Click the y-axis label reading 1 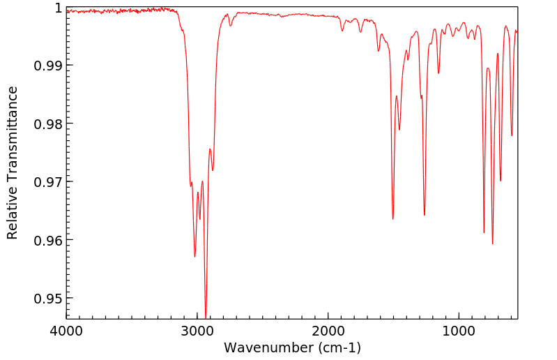58,8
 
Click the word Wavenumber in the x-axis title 268,347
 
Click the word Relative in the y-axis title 13,213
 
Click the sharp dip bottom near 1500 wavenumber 393,219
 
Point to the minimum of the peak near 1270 425,215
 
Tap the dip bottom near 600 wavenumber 512,135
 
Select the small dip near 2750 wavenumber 230,26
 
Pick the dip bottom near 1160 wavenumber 438,73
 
